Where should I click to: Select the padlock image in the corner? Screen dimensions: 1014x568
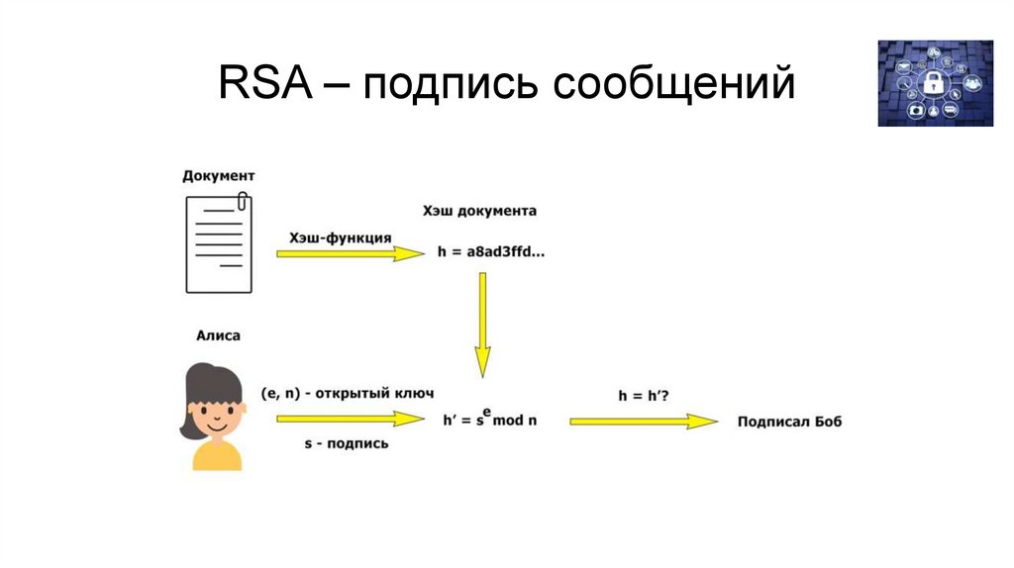point(935,83)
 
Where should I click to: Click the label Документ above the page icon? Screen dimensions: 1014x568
point(218,175)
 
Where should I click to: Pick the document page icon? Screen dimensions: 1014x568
point(218,243)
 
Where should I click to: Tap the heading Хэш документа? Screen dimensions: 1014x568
point(479,211)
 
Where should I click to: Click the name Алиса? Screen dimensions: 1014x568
point(218,335)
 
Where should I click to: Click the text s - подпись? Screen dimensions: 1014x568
point(347,443)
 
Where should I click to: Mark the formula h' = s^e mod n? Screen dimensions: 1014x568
point(489,419)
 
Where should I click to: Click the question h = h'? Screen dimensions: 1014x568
point(644,395)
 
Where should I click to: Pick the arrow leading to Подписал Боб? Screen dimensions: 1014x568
point(644,421)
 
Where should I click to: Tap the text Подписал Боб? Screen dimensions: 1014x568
point(789,422)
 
